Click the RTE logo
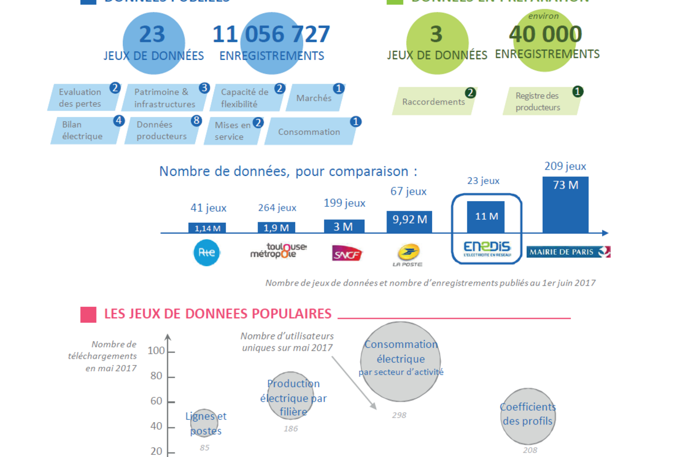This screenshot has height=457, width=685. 206,253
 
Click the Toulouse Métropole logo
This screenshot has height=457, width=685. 279,251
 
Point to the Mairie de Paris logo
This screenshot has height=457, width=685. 568,252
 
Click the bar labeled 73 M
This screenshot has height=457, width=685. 565,205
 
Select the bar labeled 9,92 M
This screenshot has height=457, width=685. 409,222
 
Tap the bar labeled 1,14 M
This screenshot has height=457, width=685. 207,228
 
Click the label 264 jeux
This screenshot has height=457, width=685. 277,208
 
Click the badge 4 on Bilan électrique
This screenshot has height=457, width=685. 119,121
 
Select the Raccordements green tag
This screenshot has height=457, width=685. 433,102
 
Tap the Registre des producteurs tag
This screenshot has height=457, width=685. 539,102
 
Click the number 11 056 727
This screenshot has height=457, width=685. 271,34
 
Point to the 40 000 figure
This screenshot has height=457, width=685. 545,34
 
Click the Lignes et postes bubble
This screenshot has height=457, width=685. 205,423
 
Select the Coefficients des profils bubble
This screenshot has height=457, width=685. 528,415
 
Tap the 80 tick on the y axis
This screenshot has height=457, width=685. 156,376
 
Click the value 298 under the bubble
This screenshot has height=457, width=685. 398,415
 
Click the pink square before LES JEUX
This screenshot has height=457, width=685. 88,314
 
